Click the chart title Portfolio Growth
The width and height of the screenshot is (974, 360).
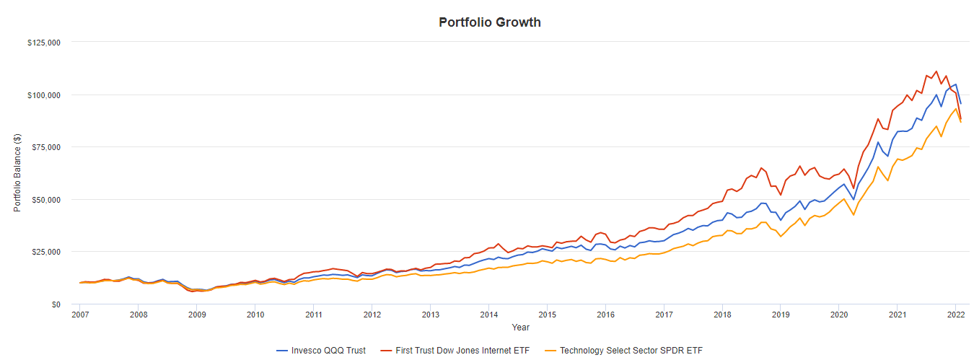point(490,22)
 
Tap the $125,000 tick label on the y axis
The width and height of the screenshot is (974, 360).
point(44,43)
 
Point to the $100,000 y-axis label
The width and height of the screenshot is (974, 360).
point(44,95)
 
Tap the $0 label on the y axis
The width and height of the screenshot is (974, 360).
point(55,304)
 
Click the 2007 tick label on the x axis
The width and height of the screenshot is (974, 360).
point(80,315)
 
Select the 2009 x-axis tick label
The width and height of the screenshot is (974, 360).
point(197,315)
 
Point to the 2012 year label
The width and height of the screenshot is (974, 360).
point(372,315)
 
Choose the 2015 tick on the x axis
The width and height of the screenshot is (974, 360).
point(548,315)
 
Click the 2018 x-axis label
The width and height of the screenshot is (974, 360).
point(722,315)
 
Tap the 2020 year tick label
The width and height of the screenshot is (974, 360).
point(839,315)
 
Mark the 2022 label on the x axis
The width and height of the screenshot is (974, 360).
point(956,315)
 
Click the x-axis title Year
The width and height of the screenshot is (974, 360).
point(520,328)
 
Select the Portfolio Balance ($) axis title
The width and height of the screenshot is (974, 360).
point(17,173)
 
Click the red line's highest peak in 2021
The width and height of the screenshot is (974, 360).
point(936,71)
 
